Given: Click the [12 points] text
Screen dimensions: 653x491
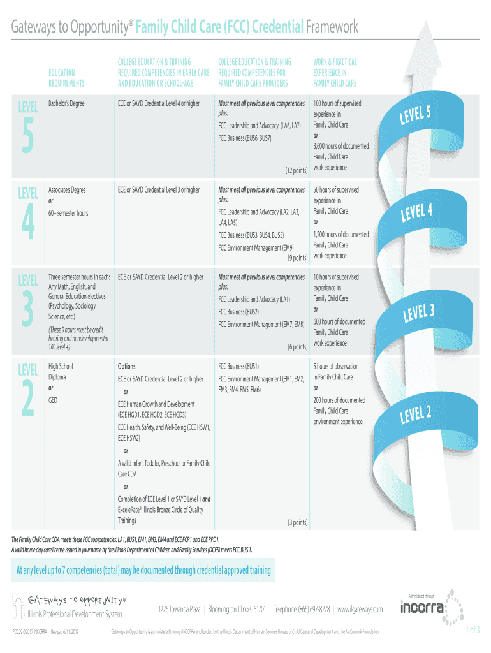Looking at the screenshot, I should click(297, 171).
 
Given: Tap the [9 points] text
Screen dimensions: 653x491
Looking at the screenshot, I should click(298, 258).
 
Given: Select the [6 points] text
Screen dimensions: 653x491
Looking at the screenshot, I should click(298, 347).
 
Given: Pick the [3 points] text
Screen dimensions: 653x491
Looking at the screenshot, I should click(298, 522).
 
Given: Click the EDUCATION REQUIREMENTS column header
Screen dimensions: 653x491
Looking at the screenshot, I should click(66, 78).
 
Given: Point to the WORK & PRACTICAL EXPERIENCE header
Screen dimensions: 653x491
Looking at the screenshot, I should click(335, 73).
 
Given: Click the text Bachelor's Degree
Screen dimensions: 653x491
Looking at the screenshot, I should click(66, 103).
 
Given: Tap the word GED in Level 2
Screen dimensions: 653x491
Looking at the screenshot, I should click(54, 400).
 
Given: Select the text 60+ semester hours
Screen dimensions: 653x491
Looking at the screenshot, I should click(68, 213).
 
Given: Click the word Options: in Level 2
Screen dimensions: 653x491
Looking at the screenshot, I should click(128, 367).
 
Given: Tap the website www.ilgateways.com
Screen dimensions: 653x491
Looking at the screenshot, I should click(360, 610).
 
